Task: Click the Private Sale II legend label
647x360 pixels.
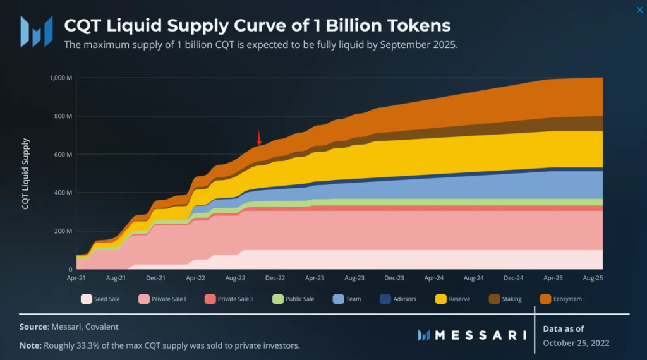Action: coord(236,299)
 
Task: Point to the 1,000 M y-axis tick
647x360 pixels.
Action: coord(61,78)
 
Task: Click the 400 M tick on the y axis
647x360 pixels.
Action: coord(64,193)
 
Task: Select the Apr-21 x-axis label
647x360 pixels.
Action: coord(76,277)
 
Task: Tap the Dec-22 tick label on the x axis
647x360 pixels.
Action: coord(275,277)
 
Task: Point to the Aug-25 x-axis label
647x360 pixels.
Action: coord(593,277)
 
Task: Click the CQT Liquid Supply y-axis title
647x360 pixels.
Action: coord(26,174)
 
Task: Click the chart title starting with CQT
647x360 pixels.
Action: coord(258,25)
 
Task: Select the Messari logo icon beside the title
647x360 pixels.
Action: coord(37,32)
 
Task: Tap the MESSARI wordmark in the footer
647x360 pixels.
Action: coord(480,334)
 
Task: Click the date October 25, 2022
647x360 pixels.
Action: coord(576,343)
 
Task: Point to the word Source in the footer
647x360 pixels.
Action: coord(35,327)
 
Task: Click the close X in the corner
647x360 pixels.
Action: coord(639,9)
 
